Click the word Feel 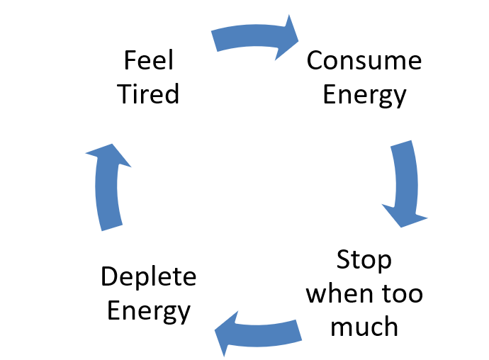click(x=149, y=61)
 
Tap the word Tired click(x=149, y=94)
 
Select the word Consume click(x=364, y=61)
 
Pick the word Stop click(x=364, y=260)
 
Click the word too click(x=402, y=293)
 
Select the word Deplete click(x=148, y=276)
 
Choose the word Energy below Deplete click(x=148, y=311)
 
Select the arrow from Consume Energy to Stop click(x=403, y=181)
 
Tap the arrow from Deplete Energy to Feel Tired click(x=108, y=188)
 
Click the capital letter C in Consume click(x=316, y=61)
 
